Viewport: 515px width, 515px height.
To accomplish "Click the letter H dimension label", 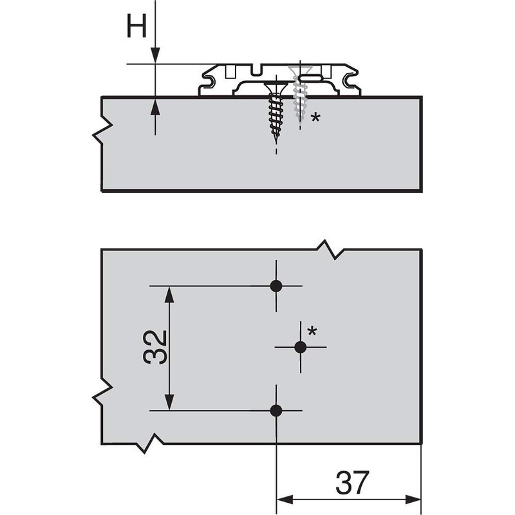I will click(x=137, y=27).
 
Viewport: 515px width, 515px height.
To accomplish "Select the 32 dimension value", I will click(x=155, y=348).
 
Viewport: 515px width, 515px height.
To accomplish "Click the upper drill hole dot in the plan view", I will click(x=276, y=286).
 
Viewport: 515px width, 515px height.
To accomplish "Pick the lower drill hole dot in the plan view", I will click(x=276, y=410).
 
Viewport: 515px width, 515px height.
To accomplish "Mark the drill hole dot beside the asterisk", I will click(x=300, y=347).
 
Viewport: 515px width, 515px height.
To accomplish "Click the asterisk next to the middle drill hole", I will click(x=312, y=331).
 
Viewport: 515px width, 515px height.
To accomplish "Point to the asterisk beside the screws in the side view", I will click(x=315, y=117).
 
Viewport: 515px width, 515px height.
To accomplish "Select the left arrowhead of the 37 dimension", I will click(x=284, y=500).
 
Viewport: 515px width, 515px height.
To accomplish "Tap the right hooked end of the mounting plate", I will click(x=352, y=80).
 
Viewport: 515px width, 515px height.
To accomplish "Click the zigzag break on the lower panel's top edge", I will click(x=330, y=248).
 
